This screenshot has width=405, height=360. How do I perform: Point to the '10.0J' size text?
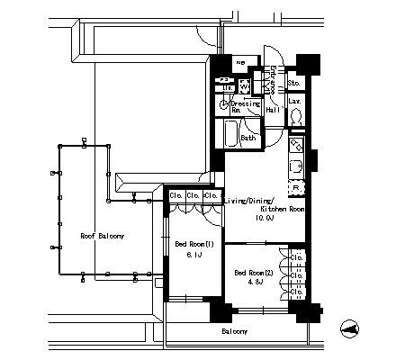264,218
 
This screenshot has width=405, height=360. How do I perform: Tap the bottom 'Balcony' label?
235,331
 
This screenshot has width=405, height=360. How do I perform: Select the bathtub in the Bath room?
231,137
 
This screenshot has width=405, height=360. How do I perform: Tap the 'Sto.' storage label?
293,85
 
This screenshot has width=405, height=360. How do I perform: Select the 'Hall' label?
272,110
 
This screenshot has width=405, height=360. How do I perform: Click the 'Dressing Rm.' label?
245,107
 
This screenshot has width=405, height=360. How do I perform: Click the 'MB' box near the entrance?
239,64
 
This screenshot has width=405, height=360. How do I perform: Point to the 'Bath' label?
248,138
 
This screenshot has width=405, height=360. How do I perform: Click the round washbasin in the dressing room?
224,105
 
